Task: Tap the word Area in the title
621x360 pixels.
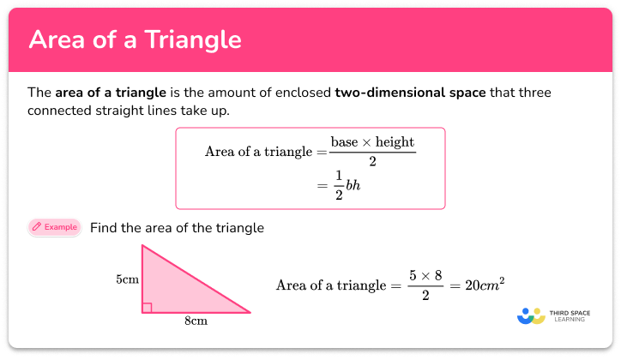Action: [57, 40]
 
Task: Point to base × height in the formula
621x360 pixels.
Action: [373, 143]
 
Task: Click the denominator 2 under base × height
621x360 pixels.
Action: [373, 161]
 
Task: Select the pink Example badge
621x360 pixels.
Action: [54, 227]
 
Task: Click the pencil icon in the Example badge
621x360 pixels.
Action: [37, 227]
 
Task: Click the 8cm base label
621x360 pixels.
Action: [196, 321]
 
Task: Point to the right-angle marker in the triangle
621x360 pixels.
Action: [148, 307]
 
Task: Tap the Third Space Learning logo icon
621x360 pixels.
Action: [531, 316]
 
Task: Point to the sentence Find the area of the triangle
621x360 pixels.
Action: [177, 228]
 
